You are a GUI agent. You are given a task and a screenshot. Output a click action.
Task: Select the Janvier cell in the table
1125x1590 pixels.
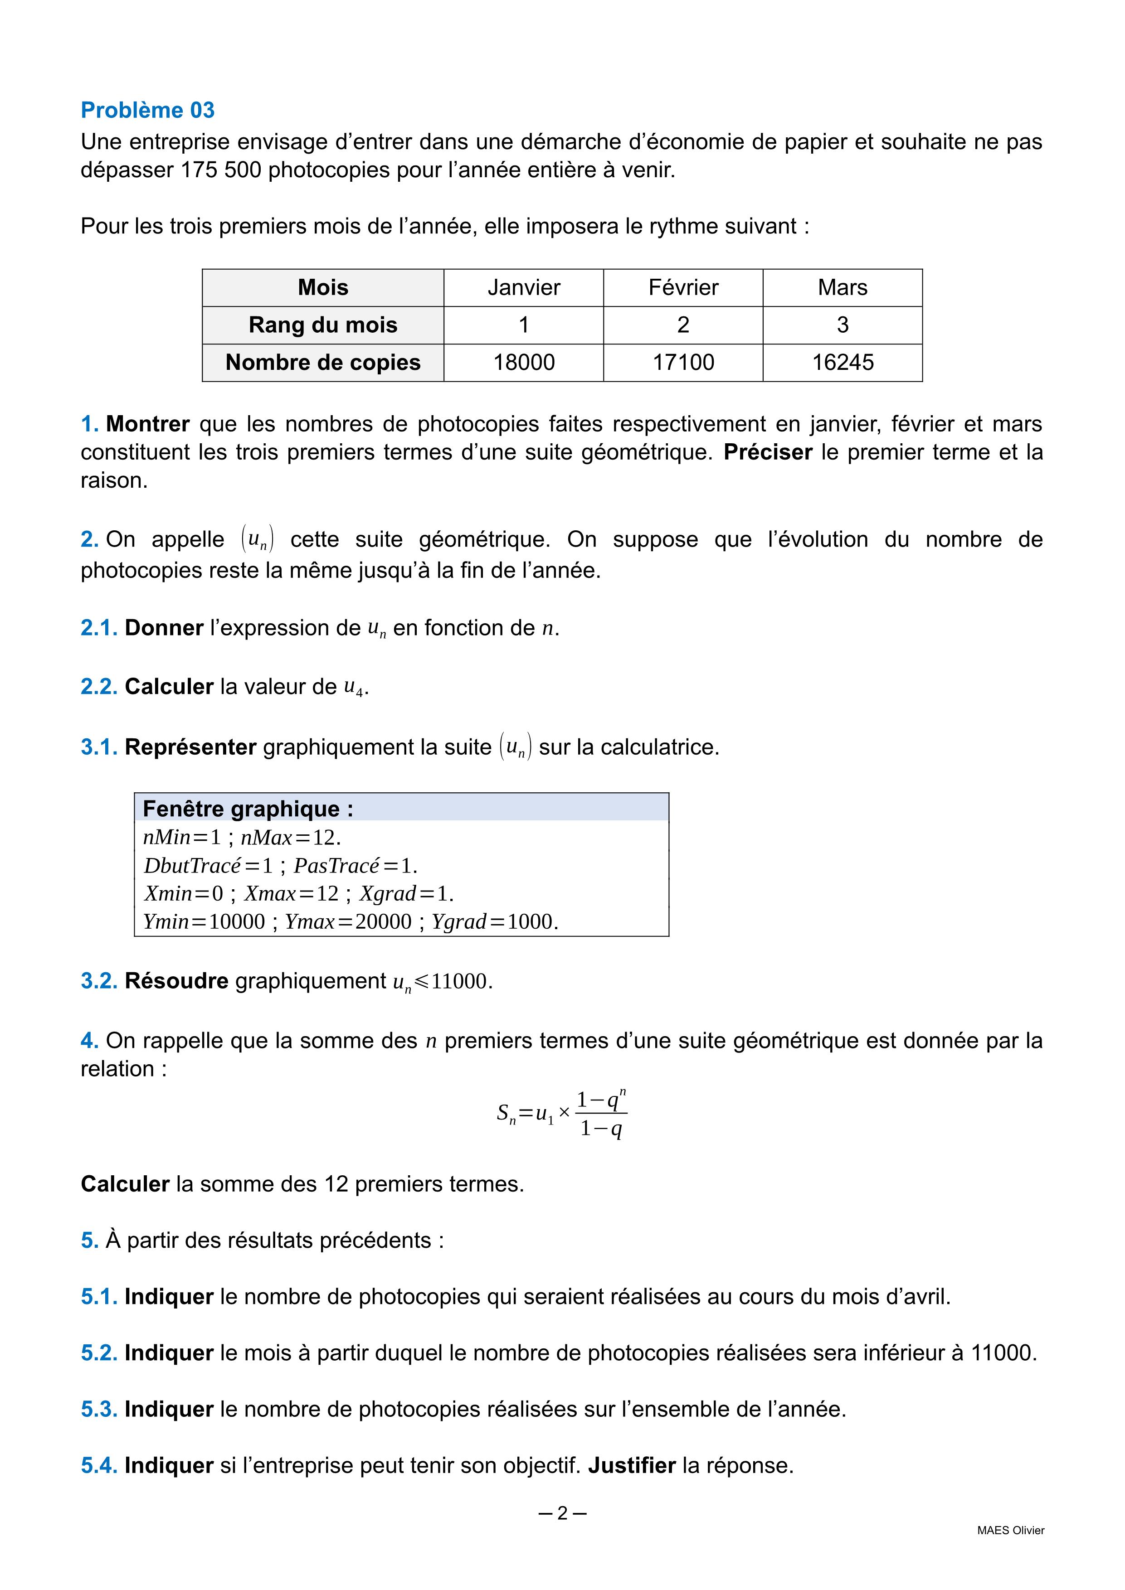point(524,287)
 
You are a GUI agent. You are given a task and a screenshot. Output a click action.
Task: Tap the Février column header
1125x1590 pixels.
point(683,287)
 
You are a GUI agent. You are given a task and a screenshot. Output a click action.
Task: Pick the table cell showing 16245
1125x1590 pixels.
point(843,362)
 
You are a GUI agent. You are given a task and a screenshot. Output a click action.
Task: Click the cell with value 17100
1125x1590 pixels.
point(683,362)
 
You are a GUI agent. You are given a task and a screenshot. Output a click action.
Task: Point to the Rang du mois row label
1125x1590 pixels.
point(323,325)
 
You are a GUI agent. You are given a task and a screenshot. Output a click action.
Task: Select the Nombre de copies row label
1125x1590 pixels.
point(323,362)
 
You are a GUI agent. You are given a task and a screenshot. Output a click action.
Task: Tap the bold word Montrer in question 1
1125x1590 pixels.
point(147,424)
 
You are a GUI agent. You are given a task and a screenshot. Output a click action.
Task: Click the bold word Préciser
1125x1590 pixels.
point(768,452)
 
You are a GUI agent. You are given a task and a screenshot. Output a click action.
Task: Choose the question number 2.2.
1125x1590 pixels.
point(99,686)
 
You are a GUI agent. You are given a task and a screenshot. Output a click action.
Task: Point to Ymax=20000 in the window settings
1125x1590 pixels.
point(348,922)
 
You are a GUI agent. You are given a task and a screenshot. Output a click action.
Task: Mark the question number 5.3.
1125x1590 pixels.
point(99,1409)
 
